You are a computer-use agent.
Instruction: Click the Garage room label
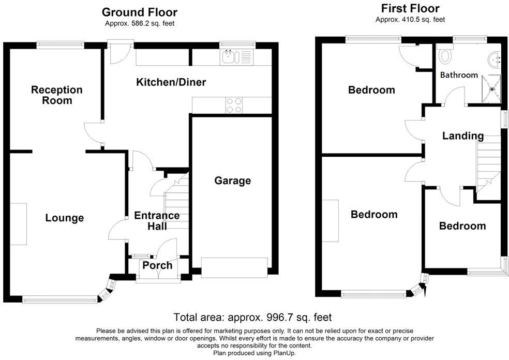pos(233,181)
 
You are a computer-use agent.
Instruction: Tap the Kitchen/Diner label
pos(171,82)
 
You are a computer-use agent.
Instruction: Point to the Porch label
pos(157,265)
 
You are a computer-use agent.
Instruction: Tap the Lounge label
pos(64,218)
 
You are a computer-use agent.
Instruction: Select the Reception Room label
pos(56,95)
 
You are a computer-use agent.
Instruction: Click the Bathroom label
pos(459,75)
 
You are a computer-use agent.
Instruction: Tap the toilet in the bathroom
pos(444,55)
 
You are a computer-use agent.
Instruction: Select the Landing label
pos(463,136)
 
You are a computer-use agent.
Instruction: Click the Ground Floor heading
pos(139,12)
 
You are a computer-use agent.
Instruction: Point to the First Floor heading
pos(410,8)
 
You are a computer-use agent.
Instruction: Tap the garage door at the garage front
pos(234,267)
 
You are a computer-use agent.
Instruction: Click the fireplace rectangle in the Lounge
pos(19,224)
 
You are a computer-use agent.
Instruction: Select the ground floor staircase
pos(176,202)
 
